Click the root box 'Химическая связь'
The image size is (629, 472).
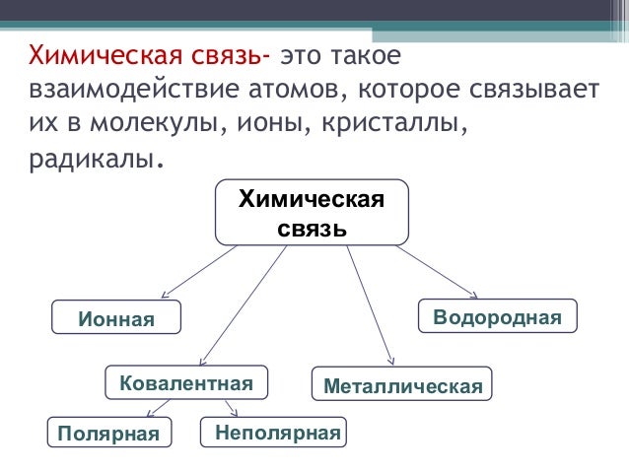click(311, 212)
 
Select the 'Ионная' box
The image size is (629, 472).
click(117, 318)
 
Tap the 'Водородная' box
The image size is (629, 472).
click(498, 316)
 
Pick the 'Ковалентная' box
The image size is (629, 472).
click(185, 382)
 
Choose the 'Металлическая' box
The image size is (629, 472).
click(402, 385)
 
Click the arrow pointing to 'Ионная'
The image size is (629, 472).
click(198, 271)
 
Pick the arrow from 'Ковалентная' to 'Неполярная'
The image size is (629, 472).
click(231, 407)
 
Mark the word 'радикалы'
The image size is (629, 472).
click(88, 160)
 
